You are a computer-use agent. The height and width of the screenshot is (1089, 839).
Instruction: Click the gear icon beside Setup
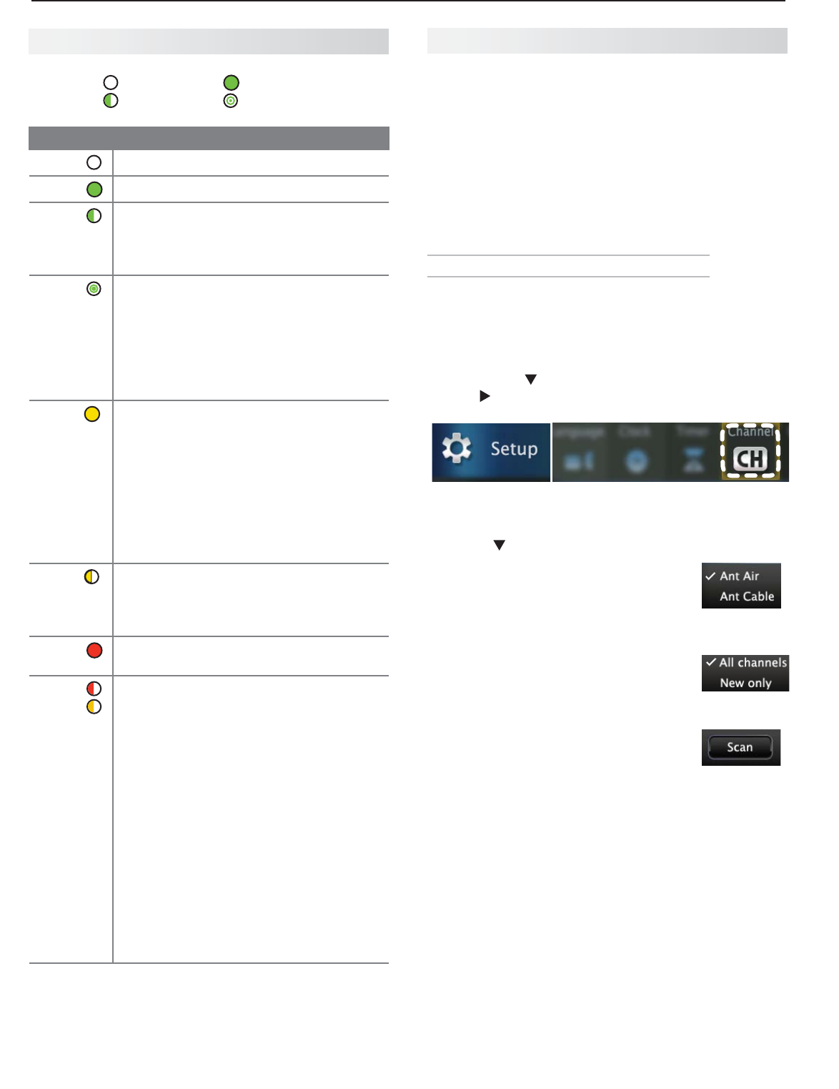click(x=457, y=448)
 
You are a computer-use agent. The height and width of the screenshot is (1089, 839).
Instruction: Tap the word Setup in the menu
click(x=514, y=449)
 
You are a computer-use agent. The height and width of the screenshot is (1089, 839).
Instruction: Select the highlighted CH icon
click(x=750, y=459)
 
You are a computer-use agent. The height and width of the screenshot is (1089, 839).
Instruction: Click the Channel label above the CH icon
click(x=750, y=432)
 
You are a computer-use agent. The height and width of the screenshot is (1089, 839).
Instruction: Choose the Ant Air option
click(x=739, y=576)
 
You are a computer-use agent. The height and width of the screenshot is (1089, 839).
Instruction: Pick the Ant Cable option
click(x=747, y=596)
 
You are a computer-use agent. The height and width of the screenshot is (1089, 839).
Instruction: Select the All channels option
click(x=753, y=663)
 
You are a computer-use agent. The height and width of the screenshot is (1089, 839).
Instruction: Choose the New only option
click(x=745, y=683)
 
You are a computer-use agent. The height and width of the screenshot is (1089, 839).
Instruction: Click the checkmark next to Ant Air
click(x=710, y=576)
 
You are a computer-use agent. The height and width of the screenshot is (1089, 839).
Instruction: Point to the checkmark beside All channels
click(x=711, y=663)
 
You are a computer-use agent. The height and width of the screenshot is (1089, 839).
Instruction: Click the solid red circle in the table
click(x=94, y=651)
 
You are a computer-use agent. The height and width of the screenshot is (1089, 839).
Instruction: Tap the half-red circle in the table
click(x=94, y=689)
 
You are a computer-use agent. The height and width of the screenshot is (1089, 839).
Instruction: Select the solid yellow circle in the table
click(x=92, y=414)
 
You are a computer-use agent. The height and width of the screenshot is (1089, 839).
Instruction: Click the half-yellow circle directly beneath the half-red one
click(x=94, y=706)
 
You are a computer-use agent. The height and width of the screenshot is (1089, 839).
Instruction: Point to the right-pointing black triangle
click(x=485, y=396)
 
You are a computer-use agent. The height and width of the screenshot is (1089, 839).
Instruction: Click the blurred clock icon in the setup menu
click(x=636, y=461)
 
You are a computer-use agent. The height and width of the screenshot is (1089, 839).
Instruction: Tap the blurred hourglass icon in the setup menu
click(x=691, y=461)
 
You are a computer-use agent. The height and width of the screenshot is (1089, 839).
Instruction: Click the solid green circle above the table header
click(x=231, y=83)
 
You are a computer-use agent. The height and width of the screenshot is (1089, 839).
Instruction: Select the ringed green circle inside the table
click(x=94, y=289)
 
